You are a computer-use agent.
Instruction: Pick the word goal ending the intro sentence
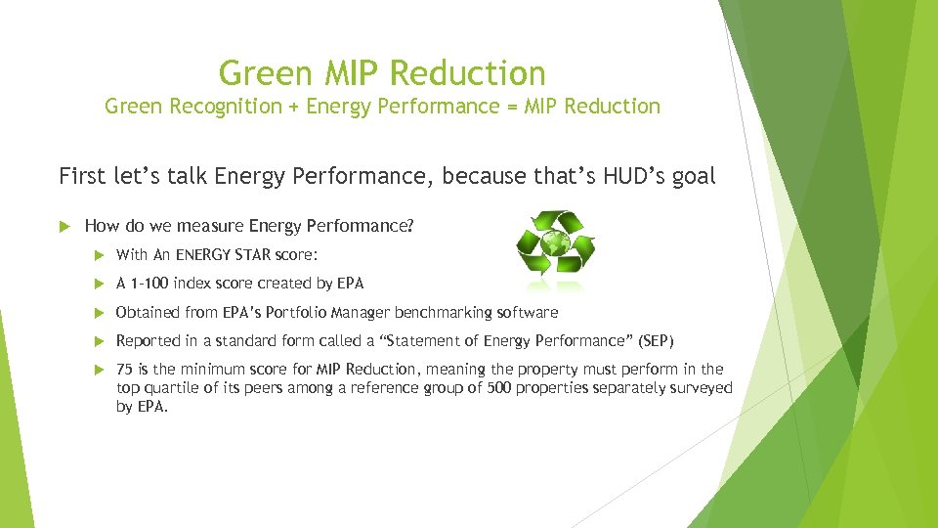click(690, 178)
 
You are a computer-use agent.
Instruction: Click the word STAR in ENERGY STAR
click(281, 255)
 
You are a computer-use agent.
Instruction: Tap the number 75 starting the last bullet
click(125, 369)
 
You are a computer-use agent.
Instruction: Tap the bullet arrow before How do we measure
click(65, 226)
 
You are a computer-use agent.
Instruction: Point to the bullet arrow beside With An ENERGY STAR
click(98, 255)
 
